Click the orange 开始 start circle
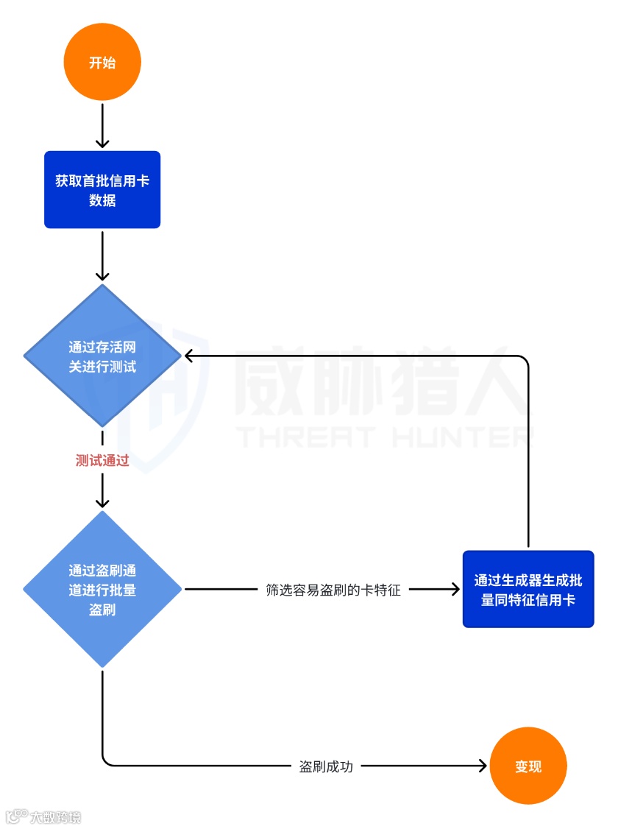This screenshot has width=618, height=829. [102, 63]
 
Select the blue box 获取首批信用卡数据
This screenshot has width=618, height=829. [102, 190]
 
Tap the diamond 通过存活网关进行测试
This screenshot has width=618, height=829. [102, 356]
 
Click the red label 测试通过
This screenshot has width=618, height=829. [102, 461]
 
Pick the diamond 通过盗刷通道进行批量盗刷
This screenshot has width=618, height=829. [102, 590]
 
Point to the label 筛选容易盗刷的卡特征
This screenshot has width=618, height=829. [333, 590]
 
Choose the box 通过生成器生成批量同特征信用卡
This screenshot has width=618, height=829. [528, 590]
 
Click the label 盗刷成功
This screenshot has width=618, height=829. [326, 766]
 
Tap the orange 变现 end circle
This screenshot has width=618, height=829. [528, 766]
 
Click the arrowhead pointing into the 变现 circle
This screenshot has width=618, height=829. [483, 766]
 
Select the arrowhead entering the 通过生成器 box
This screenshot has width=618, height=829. [455, 590]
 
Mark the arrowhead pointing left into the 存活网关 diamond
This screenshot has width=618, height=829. [189, 356]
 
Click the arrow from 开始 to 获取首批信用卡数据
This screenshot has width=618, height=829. [102, 125]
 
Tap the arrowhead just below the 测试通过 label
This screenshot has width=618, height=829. [102, 501]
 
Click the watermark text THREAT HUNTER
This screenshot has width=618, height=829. [383, 437]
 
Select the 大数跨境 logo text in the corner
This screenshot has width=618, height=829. [54, 816]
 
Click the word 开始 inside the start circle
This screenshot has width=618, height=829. [102, 63]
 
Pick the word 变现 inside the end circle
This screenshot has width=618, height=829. [528, 766]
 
